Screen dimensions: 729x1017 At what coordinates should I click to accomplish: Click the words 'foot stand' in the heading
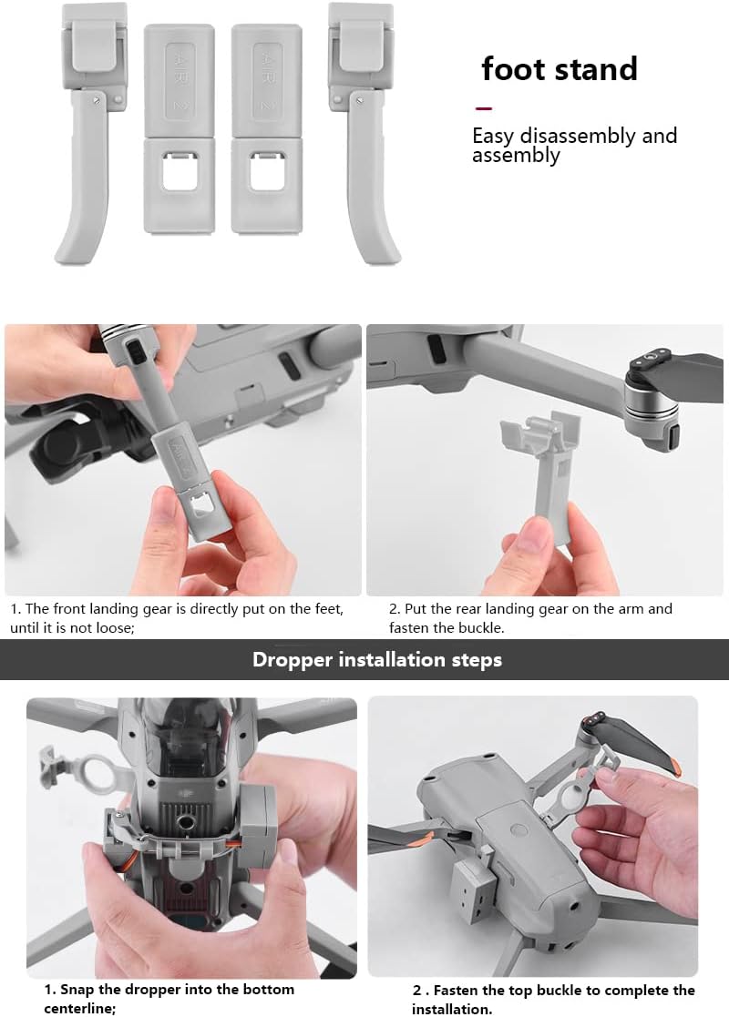pyautogui.click(x=559, y=69)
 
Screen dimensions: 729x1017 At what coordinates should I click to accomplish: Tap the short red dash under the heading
pyautogui.click(x=483, y=108)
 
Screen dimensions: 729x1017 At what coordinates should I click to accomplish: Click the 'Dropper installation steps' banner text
pyautogui.click(x=377, y=659)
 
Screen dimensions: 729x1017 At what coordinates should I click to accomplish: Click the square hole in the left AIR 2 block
pyautogui.click(x=180, y=171)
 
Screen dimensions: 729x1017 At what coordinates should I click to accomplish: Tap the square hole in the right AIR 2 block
pyautogui.click(x=267, y=171)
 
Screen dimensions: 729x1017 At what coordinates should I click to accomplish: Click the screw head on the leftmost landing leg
pyautogui.click(x=98, y=100)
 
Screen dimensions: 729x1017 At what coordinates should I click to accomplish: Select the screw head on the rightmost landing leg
pyautogui.click(x=359, y=100)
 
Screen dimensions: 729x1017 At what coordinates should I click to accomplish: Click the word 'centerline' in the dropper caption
pyautogui.click(x=78, y=1009)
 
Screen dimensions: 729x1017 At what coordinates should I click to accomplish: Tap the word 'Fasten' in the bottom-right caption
pyautogui.click(x=456, y=991)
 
